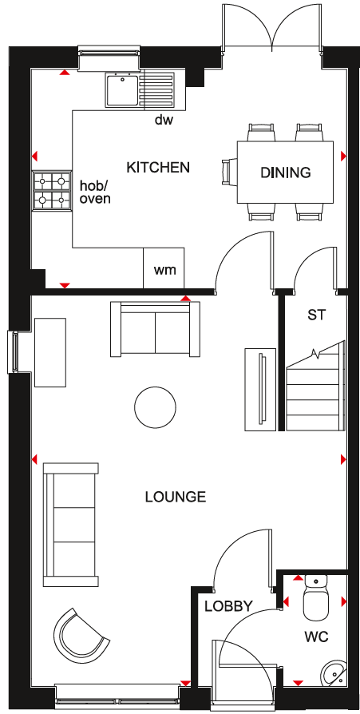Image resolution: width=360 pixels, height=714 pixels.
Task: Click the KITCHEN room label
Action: tap(158, 168)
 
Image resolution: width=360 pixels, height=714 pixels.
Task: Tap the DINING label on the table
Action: tap(285, 173)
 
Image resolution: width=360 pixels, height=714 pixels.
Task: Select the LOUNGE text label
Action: tap(176, 497)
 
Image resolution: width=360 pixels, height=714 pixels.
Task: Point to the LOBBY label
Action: tap(227, 606)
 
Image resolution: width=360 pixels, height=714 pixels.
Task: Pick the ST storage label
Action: tap(317, 315)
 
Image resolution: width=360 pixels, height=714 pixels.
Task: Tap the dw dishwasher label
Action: tap(164, 121)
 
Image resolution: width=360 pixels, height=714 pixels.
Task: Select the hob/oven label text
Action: tap(95, 192)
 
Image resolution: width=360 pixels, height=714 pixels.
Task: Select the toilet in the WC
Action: tap(316, 602)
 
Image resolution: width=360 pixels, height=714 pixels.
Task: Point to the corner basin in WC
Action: tap(335, 672)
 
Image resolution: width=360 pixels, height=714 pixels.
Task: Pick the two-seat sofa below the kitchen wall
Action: tap(155, 329)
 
